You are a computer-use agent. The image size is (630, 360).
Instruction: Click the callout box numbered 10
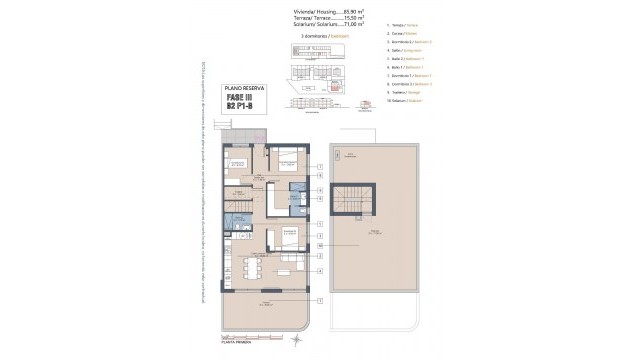[320, 244]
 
